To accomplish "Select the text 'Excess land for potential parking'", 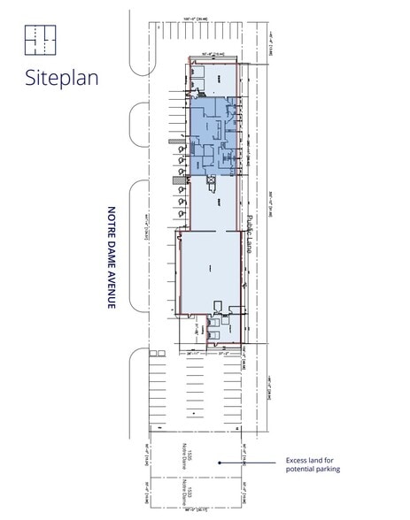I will (x=313, y=464).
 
